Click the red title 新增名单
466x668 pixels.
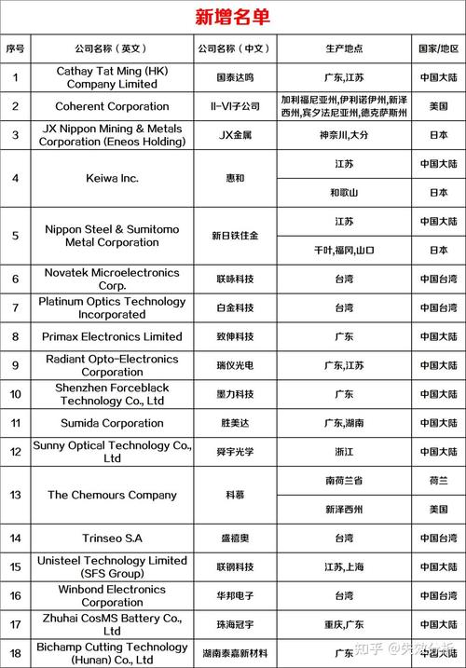[232, 16]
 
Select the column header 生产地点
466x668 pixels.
[344, 48]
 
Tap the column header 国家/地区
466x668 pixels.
[438, 48]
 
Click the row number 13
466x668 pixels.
[15, 495]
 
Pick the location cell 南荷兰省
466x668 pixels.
[344, 481]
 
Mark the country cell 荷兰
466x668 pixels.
[438, 481]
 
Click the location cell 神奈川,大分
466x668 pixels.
[344, 135]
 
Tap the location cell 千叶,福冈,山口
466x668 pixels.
[344, 250]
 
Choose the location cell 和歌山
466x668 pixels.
[344, 192]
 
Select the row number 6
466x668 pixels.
[15, 279]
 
